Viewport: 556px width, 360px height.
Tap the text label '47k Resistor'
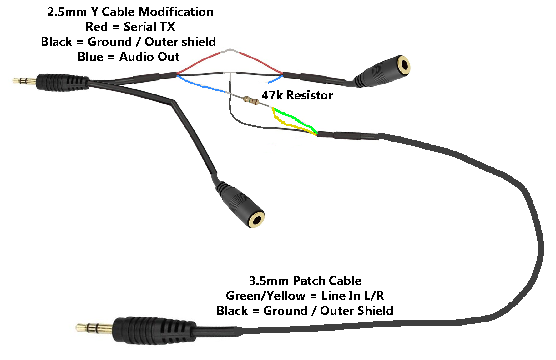297,95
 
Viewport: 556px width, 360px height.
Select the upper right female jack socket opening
405,65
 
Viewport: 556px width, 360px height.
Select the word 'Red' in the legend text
97,27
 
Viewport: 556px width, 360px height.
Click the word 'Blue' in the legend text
90,57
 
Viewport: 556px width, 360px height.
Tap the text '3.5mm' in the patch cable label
269,281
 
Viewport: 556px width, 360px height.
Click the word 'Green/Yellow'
266,296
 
